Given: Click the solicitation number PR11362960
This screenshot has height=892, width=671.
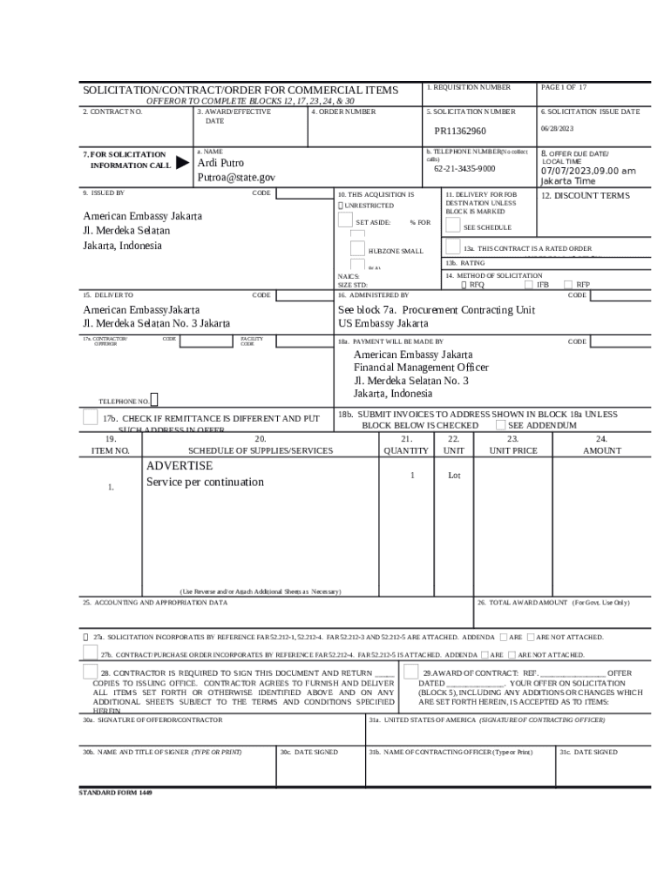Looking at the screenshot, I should pos(460,132).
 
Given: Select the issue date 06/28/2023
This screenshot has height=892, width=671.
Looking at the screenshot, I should pos(557,129).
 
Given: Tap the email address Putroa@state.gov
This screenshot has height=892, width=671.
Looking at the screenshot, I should pos(236,178).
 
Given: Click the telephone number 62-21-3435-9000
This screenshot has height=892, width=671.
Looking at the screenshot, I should pos(464,169).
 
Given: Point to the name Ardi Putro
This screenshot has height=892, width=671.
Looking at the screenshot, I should pos(220,163).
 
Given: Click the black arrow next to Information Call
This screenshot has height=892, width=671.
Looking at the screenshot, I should pos(181,163).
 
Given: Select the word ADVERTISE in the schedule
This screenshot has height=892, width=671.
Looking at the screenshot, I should pos(179,466).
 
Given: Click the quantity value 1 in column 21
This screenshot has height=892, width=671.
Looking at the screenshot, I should pos(412,476).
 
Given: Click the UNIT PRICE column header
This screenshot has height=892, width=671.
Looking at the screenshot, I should pos(513,451).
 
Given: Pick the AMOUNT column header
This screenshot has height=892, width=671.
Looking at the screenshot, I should pos(602,451).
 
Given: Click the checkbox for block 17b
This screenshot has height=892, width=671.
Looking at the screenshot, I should pos(91,418).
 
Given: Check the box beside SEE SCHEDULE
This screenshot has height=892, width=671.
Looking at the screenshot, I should pos(453,225).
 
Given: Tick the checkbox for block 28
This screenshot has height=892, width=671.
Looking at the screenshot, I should pos(91,672).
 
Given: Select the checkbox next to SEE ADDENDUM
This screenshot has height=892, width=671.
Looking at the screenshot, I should pos(500,425).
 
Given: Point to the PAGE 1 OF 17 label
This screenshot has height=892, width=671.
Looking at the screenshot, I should pos(564,88).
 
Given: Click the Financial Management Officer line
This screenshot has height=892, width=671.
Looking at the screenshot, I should pos(421,368).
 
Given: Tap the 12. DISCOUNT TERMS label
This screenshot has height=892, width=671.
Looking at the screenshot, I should pos(585,196).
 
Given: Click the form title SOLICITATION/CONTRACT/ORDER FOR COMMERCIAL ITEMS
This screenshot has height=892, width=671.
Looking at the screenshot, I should pos(241,91).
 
